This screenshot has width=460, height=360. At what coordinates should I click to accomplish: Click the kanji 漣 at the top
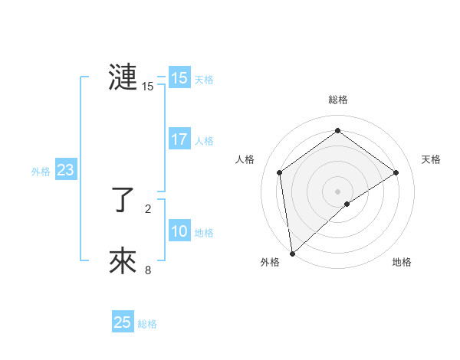tap(123, 77)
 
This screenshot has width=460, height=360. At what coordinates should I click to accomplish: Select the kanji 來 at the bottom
tap(123, 261)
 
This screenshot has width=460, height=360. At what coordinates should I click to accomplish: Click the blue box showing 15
tap(179, 78)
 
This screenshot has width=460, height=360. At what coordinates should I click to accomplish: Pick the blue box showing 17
tap(179, 139)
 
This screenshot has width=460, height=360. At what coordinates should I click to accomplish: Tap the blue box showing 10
tap(179, 231)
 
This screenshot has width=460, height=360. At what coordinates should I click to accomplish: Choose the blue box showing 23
tap(65, 170)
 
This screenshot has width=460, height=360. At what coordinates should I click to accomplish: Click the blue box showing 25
tap(122, 322)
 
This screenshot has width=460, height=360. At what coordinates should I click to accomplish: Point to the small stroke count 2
tap(148, 208)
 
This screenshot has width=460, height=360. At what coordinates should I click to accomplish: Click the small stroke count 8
tap(148, 270)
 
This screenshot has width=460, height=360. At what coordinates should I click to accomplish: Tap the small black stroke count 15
tap(148, 87)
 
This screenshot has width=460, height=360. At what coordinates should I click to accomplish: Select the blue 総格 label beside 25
tap(147, 324)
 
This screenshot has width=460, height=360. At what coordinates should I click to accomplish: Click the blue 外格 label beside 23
tap(41, 172)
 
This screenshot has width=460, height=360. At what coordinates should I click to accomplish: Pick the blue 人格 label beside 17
tap(204, 141)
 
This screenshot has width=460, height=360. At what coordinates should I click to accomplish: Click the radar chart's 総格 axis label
tap(337, 100)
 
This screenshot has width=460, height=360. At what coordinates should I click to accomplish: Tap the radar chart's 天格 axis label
tap(431, 159)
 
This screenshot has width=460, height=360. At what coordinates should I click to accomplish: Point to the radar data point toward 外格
tap(291, 253)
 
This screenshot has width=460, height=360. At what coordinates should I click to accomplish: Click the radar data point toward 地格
tap(347, 204)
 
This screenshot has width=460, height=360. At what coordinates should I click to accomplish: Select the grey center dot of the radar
tap(337, 190)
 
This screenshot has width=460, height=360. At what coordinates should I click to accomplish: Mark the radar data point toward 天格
tap(396, 172)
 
